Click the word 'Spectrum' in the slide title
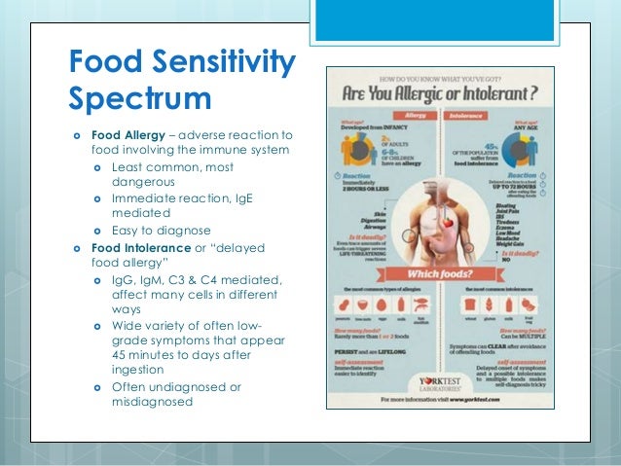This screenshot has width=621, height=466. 139,100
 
